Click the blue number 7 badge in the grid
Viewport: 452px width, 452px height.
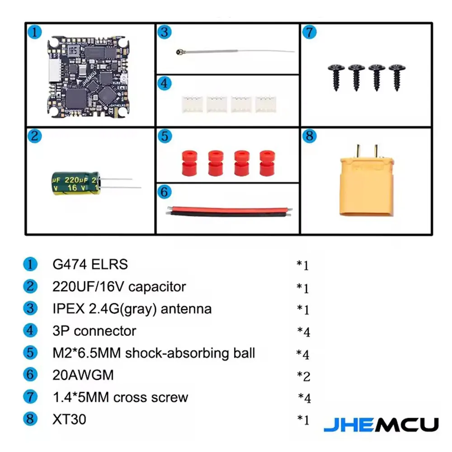[309, 33]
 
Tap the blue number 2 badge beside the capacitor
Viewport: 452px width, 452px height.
[35, 136]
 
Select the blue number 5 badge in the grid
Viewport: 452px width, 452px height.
[165, 136]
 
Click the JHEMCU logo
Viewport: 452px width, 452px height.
[381, 424]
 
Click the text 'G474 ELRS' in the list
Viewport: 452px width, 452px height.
[90, 264]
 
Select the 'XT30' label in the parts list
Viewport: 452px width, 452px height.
[69, 419]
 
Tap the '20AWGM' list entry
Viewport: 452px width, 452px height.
[83, 375]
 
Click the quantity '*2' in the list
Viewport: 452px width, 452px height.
[303, 376]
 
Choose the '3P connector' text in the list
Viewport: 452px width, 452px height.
[94, 331]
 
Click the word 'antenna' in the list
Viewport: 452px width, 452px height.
[186, 309]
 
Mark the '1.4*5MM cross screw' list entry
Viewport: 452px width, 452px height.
[120, 397]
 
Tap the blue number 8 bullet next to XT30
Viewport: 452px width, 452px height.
[30, 419]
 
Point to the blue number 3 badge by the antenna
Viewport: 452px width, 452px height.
[165, 33]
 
